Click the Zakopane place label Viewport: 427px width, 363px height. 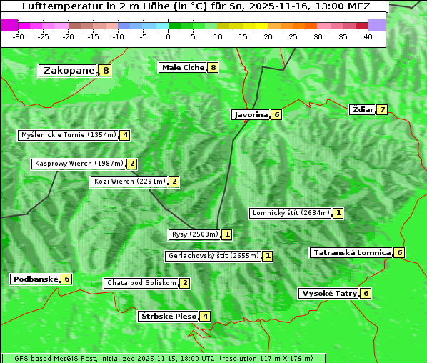pyautogui.click(x=69, y=70)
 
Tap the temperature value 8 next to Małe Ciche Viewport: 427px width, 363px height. pyautogui.click(x=213, y=67)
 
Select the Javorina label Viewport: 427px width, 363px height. pyautogui.click(x=251, y=114)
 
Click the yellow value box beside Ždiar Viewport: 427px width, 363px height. pyautogui.click(x=383, y=109)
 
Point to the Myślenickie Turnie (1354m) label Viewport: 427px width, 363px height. pyautogui.click(x=68, y=134)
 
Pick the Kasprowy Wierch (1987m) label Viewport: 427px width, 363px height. pyautogui.click(x=79, y=164)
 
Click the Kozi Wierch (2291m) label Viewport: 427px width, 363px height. pyautogui.click(x=129, y=181)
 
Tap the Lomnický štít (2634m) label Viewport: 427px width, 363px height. pyautogui.click(x=291, y=213)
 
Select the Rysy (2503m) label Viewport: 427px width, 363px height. pyautogui.click(x=194, y=234)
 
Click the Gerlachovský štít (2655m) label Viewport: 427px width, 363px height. pyautogui.click(x=213, y=256)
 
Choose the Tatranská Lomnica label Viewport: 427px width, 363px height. pyautogui.click(x=351, y=252)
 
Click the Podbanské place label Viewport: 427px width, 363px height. pyautogui.click(x=35, y=279)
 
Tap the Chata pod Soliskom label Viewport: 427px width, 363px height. pyautogui.click(x=141, y=283)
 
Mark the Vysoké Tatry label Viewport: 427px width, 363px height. pyautogui.click(x=328, y=293)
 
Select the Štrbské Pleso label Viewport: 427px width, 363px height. pyautogui.click(x=168, y=316)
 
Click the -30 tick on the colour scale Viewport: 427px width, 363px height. pyautogui.click(x=19, y=36)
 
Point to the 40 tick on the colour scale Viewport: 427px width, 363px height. pyautogui.click(x=368, y=36)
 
